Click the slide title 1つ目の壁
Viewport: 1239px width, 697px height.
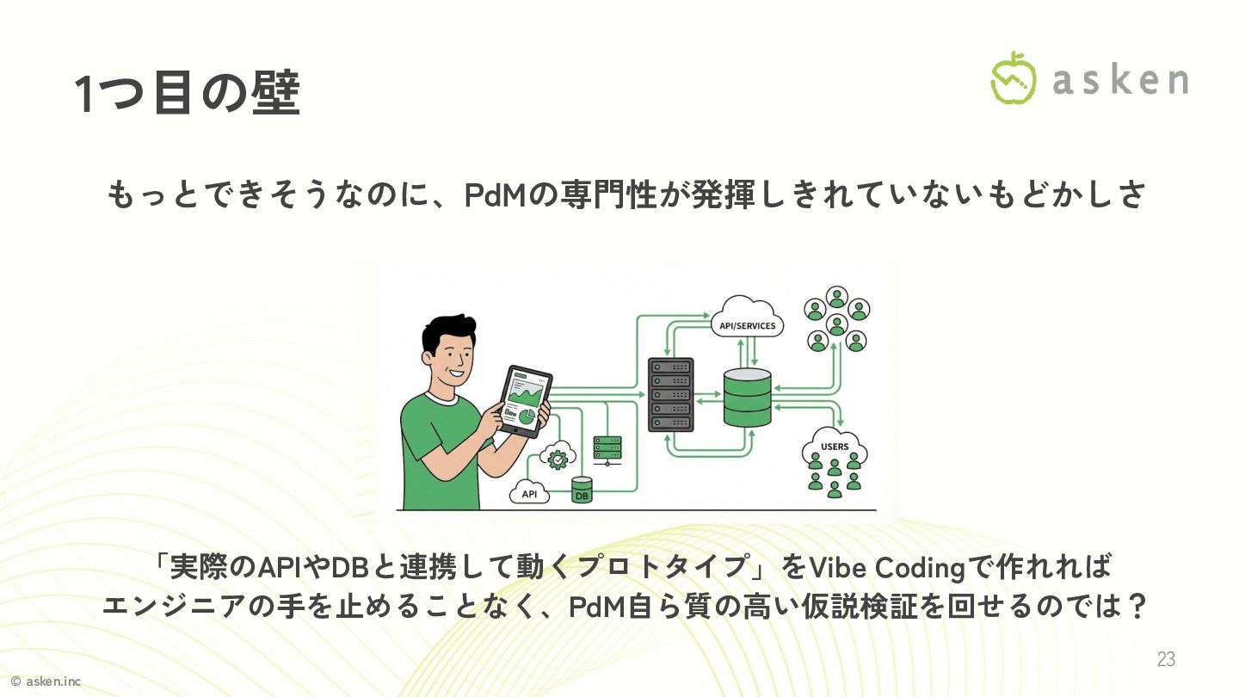[x=187, y=94]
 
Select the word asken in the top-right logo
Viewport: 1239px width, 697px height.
[x=1119, y=80]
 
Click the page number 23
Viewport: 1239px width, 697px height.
[x=1166, y=659]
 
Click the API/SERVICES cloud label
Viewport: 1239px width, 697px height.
[x=747, y=325]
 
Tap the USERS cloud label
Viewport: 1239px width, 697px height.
[x=835, y=447]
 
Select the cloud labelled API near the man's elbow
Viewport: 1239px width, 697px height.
[x=529, y=493]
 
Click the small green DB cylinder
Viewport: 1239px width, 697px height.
[x=583, y=490]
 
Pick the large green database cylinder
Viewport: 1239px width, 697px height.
[x=747, y=397]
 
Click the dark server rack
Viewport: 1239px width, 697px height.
[x=670, y=394]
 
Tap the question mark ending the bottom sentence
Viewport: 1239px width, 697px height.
[x=1137, y=606]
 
